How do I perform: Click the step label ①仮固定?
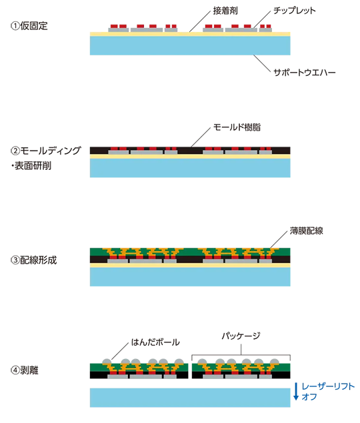[29, 26]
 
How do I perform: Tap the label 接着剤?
[225, 11]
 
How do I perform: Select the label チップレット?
[295, 11]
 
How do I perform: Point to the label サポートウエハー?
[305, 73]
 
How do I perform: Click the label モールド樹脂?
[237, 127]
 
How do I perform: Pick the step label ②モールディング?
[45, 151]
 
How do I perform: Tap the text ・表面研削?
[31, 166]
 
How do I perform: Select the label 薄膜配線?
[306, 230]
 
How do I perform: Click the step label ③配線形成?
[34, 260]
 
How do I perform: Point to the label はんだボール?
[155, 342]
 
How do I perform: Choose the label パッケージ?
[241, 336]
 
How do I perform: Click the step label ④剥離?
[24, 370]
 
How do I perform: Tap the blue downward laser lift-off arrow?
[296, 391]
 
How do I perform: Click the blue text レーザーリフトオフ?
[328, 392]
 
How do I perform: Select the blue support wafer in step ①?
[190, 45]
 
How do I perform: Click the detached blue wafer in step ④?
[190, 398]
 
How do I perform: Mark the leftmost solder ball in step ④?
[107, 361]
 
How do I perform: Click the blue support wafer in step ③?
[190, 277]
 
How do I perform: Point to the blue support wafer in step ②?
[190, 168]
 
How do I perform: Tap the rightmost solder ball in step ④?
[275, 361]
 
